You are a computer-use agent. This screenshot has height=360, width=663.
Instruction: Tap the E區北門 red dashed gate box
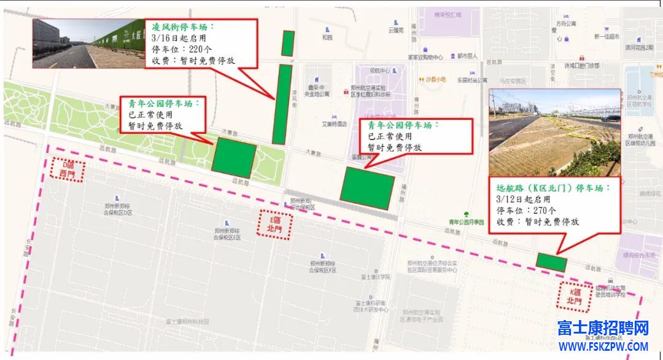pos(273,224)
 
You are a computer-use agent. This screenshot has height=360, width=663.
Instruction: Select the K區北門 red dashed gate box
pos(573,297)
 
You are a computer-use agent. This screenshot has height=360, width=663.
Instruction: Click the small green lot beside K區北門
pos(551,262)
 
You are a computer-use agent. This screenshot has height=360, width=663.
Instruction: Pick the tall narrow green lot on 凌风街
pos(282,104)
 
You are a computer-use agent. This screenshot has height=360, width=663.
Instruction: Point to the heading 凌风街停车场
pos(182,28)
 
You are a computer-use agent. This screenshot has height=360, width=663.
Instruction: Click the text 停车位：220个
pos(179,50)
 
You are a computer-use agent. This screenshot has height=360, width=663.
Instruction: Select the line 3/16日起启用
pos(174,39)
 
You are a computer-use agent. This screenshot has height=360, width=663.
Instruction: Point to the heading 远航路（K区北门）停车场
pos(553,188)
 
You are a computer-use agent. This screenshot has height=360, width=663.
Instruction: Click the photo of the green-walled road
pos(88,43)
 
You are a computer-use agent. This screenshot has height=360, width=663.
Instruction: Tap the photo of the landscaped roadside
pos(554,132)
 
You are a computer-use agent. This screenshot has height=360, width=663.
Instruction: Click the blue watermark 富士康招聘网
pos(603,329)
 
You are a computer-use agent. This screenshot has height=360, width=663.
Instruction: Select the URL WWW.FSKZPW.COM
pos(603,346)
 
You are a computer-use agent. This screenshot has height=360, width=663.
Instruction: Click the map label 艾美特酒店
pos(335,123)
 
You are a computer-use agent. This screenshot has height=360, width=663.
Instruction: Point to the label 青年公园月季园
pos(466,222)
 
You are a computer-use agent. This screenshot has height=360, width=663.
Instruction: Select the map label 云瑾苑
pos(396,29)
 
